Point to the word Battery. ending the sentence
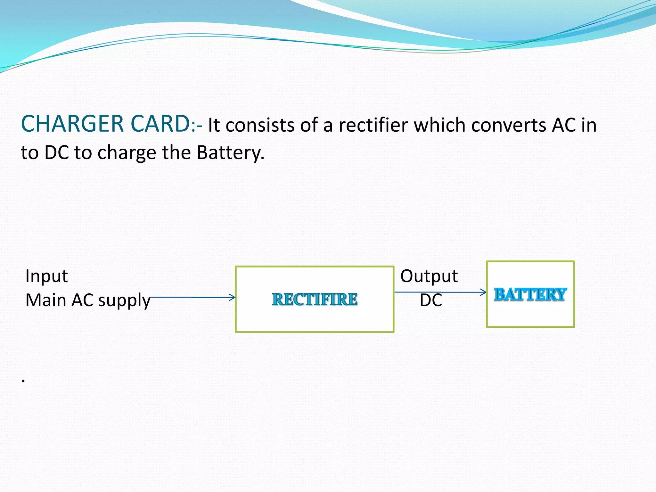point(230,152)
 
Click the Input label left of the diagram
point(46,276)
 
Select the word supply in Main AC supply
point(124,301)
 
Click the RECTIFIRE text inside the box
point(315,299)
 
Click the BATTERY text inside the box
point(530,294)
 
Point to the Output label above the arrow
point(429,276)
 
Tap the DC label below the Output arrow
point(431,300)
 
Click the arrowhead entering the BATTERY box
point(484,292)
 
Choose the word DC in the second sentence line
point(57,152)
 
